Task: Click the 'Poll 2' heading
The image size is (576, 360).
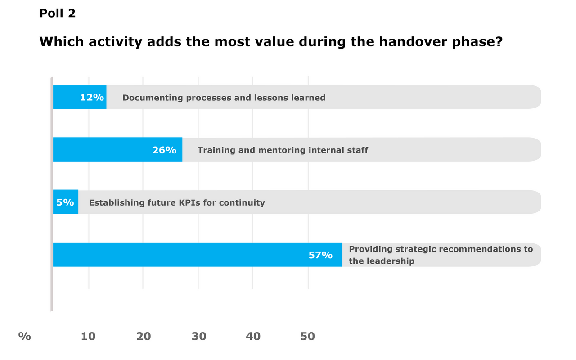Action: click(58, 13)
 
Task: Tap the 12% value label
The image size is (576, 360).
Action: click(92, 97)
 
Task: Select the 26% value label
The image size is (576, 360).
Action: click(164, 150)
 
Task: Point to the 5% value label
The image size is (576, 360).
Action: click(65, 202)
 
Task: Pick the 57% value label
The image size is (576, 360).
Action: click(320, 255)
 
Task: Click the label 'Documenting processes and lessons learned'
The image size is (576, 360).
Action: click(224, 98)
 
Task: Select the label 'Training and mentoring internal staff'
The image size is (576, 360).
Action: click(283, 150)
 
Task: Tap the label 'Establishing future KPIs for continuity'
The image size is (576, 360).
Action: click(177, 203)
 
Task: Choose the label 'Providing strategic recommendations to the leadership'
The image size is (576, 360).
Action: click(441, 255)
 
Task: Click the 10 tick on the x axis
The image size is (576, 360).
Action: click(88, 336)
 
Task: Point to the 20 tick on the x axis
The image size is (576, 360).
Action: click(144, 336)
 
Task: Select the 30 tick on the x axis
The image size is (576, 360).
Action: click(198, 336)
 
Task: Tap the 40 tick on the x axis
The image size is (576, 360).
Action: click(253, 336)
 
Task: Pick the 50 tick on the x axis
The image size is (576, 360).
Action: click(308, 336)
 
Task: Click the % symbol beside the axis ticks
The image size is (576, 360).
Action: click(24, 336)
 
